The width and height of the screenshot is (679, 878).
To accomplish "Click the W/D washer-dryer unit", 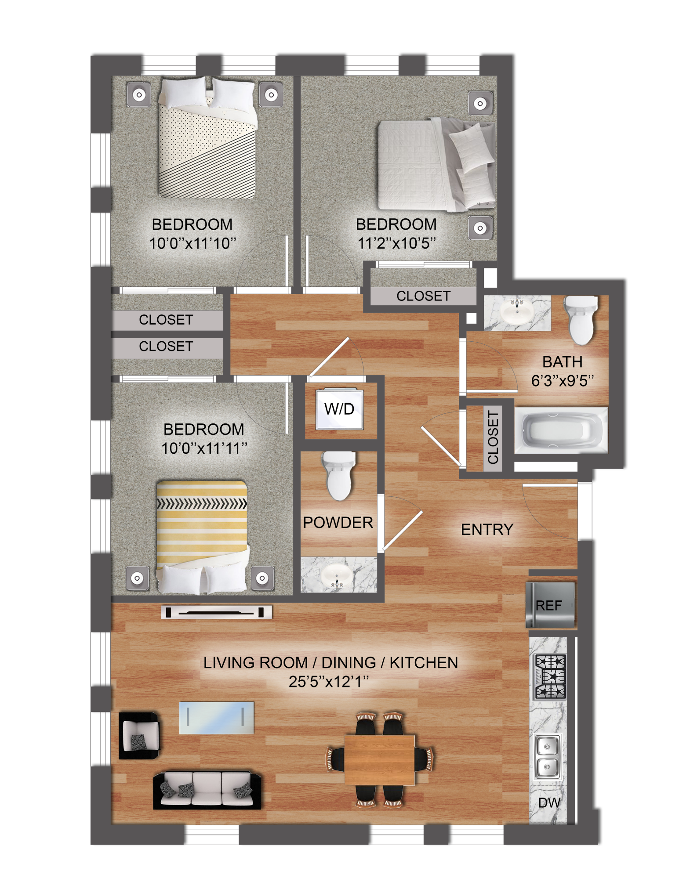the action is (x=339, y=409).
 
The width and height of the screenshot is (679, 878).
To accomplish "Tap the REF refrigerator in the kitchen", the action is (x=550, y=605).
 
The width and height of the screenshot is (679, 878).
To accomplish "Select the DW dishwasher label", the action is (x=549, y=802).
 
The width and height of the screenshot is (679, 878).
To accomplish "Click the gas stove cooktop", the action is (x=550, y=676).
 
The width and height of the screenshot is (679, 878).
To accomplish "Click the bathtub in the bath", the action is (x=561, y=430).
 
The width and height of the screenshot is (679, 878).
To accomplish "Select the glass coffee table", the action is (x=216, y=718).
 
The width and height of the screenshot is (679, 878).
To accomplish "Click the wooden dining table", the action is (x=380, y=759).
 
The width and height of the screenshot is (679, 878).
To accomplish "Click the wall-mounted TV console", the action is (x=216, y=612).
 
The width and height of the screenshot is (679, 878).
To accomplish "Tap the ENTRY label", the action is (x=487, y=530).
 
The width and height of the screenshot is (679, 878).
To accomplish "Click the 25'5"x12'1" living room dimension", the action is (x=328, y=681).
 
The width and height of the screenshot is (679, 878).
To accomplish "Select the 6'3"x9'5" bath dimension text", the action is (x=563, y=380).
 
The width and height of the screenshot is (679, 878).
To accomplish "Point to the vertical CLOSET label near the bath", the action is (x=493, y=437).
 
